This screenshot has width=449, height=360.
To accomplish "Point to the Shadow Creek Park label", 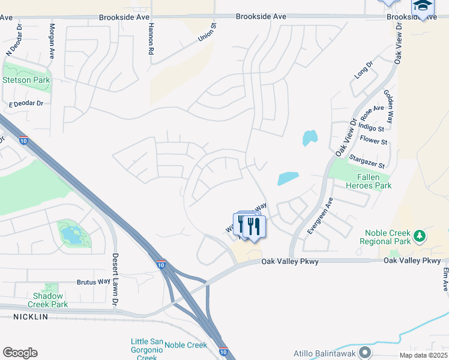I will coord(51,300).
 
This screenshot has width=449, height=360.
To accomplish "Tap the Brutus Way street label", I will coord(93,281).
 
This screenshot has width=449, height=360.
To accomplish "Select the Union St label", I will coord(207,32).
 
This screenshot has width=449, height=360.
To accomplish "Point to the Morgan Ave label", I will coord(52,40).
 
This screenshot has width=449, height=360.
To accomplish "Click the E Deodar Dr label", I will coord(26,104).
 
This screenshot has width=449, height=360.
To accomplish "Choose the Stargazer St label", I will coord(366,161).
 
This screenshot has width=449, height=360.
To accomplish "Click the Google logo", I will coord(20,353).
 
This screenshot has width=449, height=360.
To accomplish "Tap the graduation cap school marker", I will coord(423,7).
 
